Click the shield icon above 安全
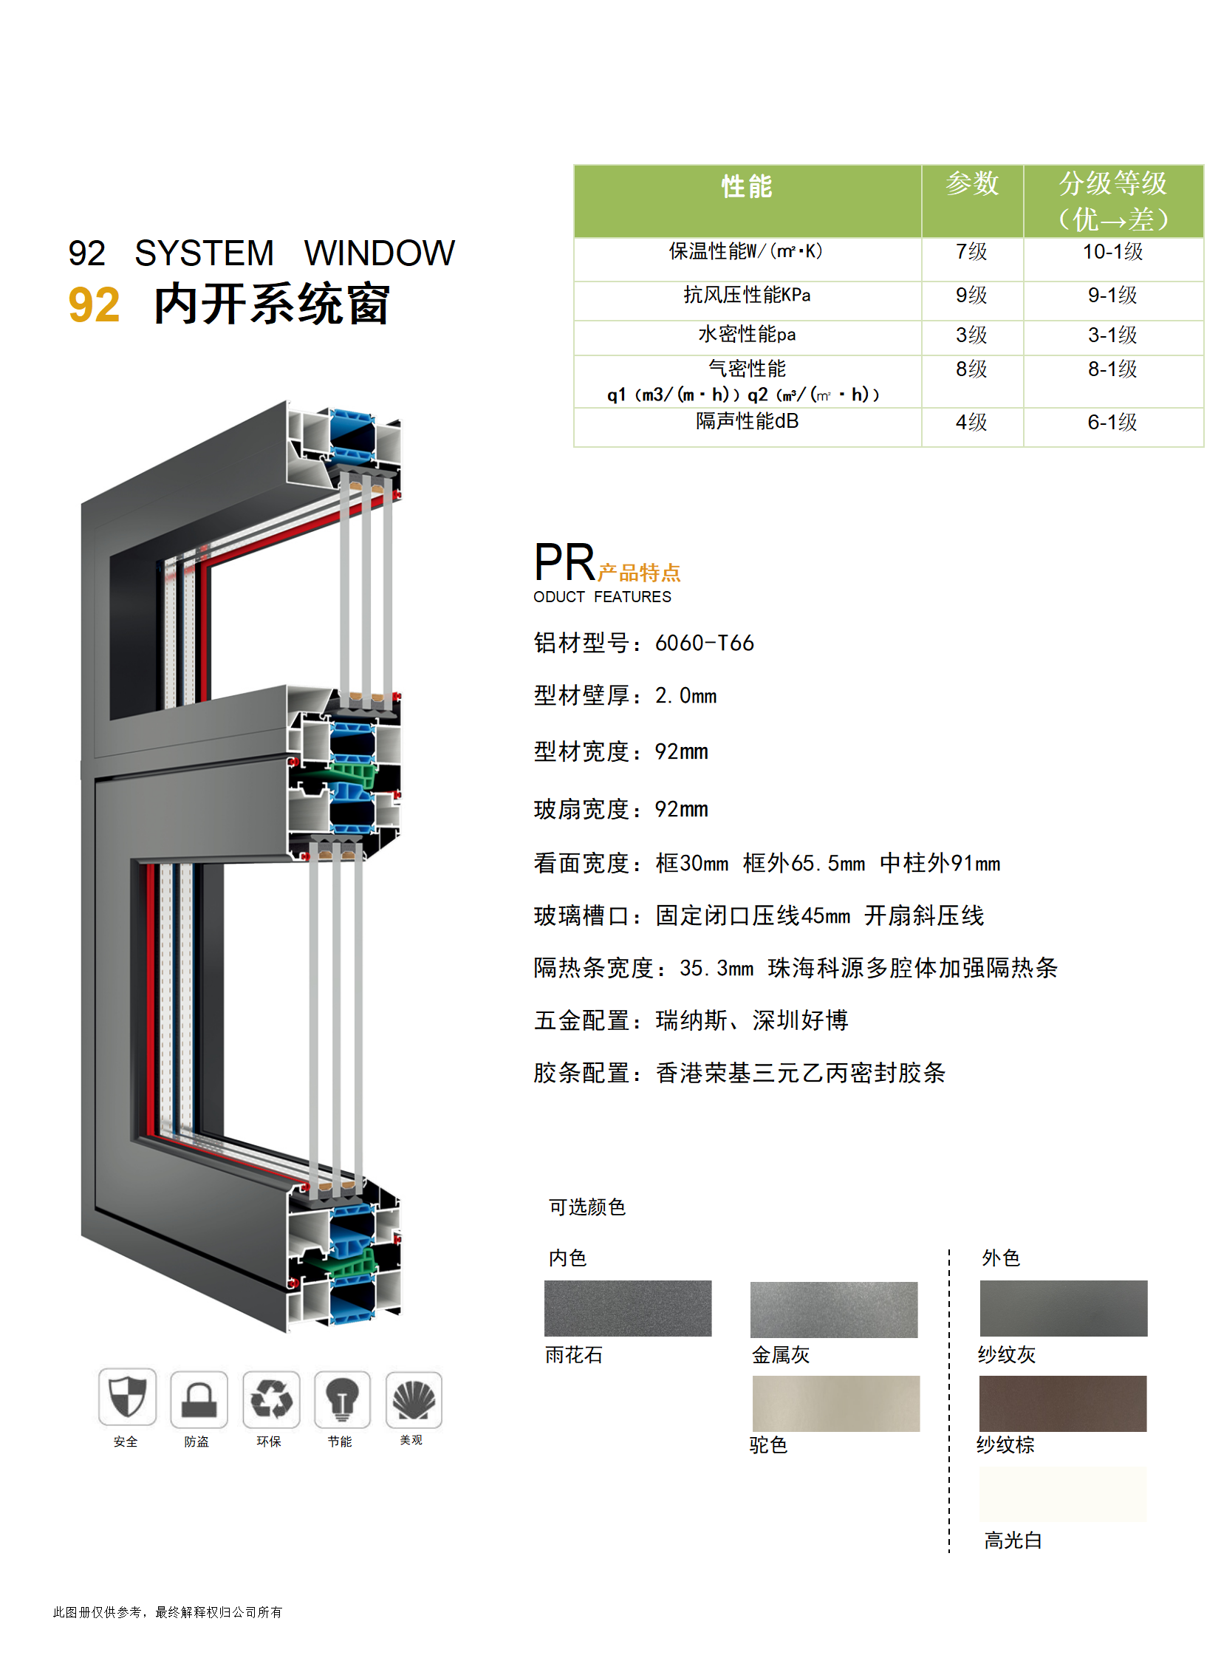pyautogui.click(x=127, y=1396)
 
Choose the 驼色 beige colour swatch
pyautogui.click(x=836, y=1403)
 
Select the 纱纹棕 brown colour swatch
pyautogui.click(x=1063, y=1403)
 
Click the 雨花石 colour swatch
pyautogui.click(x=628, y=1309)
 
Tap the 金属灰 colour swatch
pyautogui.click(x=834, y=1310)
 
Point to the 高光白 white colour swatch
pyautogui.click(x=1063, y=1494)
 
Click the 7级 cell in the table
pyautogui.click(x=971, y=252)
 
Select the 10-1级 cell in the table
pyautogui.click(x=1113, y=252)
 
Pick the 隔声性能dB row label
pyautogui.click(x=748, y=421)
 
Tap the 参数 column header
pyautogui.click(x=972, y=183)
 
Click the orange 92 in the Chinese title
pyautogui.click(x=94, y=304)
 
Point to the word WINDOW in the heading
pyautogui.click(x=380, y=253)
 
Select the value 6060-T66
pyautogui.click(x=705, y=643)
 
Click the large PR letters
pyautogui.click(x=564, y=562)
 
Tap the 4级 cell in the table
pyautogui.click(x=971, y=422)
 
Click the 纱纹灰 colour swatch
pyautogui.click(x=1064, y=1309)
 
